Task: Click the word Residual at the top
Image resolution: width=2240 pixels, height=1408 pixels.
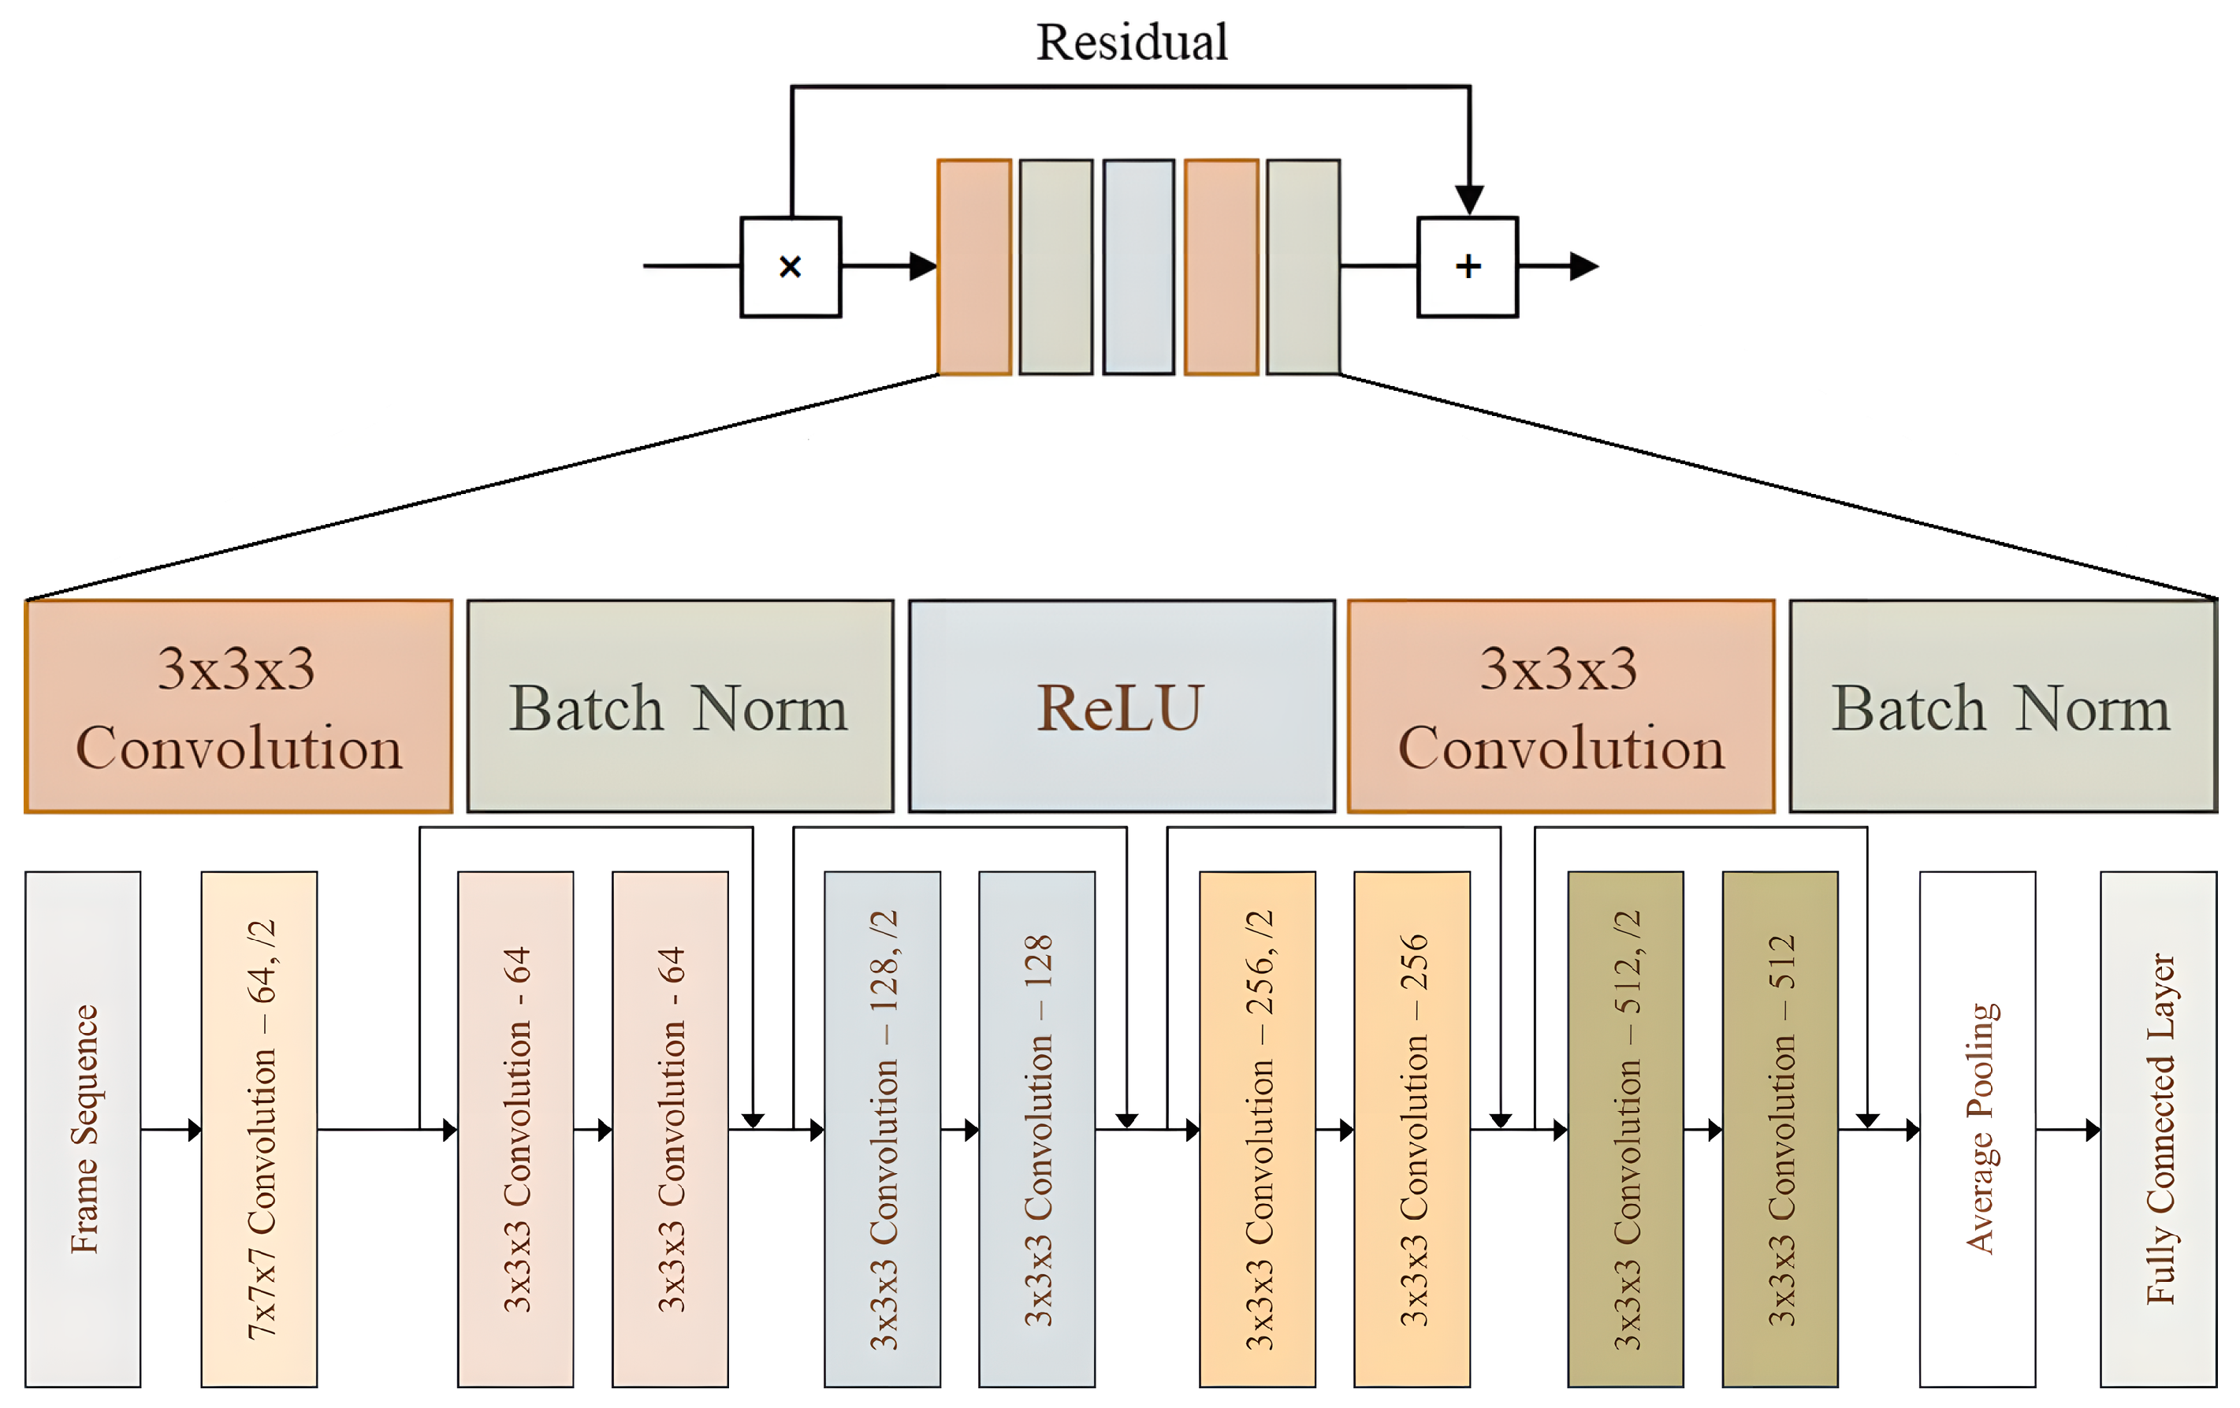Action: (1132, 43)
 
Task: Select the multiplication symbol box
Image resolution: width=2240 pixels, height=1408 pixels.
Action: (791, 267)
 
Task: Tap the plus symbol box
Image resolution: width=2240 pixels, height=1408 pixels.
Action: (1468, 267)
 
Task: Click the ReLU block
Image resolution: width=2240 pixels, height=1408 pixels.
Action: (1121, 707)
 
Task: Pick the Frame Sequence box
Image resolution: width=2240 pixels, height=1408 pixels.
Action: (83, 1129)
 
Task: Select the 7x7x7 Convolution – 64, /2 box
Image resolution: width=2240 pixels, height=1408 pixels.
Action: (259, 1129)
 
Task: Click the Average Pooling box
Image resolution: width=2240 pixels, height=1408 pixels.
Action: (1978, 1129)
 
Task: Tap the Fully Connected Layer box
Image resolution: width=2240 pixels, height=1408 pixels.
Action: (2158, 1129)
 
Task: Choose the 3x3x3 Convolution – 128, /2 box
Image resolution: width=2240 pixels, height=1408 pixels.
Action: (882, 1129)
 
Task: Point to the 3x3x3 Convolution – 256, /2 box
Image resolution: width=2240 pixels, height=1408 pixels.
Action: (1258, 1129)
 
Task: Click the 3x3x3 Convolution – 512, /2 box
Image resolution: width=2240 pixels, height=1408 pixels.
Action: (1625, 1129)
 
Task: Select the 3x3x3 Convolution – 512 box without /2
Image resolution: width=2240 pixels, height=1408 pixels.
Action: (1780, 1129)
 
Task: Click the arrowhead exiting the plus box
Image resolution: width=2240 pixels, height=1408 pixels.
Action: (1583, 267)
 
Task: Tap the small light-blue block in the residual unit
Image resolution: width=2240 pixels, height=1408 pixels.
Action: (1139, 267)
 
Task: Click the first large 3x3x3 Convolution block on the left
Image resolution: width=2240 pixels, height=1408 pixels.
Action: (239, 707)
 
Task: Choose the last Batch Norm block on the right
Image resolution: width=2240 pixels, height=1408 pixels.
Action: (2003, 707)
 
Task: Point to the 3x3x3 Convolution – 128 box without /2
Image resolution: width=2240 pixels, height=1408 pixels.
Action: (1036, 1129)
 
